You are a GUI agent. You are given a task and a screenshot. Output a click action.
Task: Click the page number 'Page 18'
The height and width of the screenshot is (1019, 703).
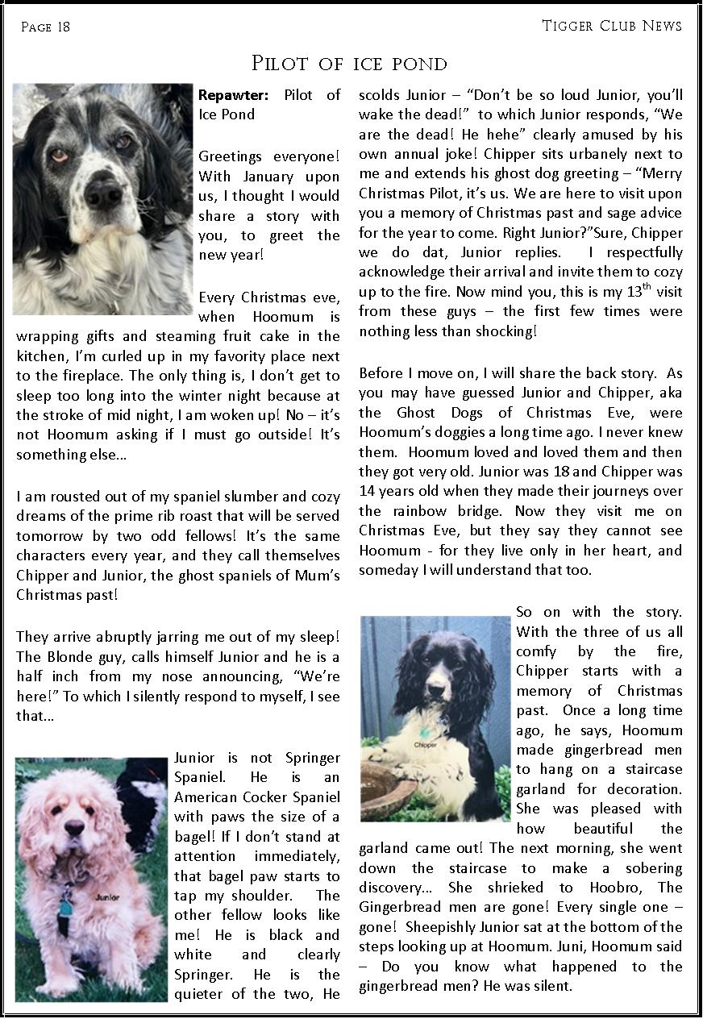coord(45,27)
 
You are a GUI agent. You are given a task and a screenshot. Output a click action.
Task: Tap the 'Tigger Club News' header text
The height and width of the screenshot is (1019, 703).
coord(612,26)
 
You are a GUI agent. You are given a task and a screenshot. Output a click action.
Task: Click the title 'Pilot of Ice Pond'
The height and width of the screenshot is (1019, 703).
coord(349,64)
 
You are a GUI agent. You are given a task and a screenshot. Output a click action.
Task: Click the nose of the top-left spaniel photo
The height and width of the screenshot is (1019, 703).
coord(104,194)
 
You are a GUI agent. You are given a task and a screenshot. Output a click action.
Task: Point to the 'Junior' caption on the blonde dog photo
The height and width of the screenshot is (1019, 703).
coord(107,896)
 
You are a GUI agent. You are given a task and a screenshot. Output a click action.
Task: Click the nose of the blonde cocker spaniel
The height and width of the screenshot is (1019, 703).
coord(76,827)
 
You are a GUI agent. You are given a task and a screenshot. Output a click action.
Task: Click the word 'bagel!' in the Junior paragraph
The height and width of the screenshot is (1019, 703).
coord(196,837)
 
